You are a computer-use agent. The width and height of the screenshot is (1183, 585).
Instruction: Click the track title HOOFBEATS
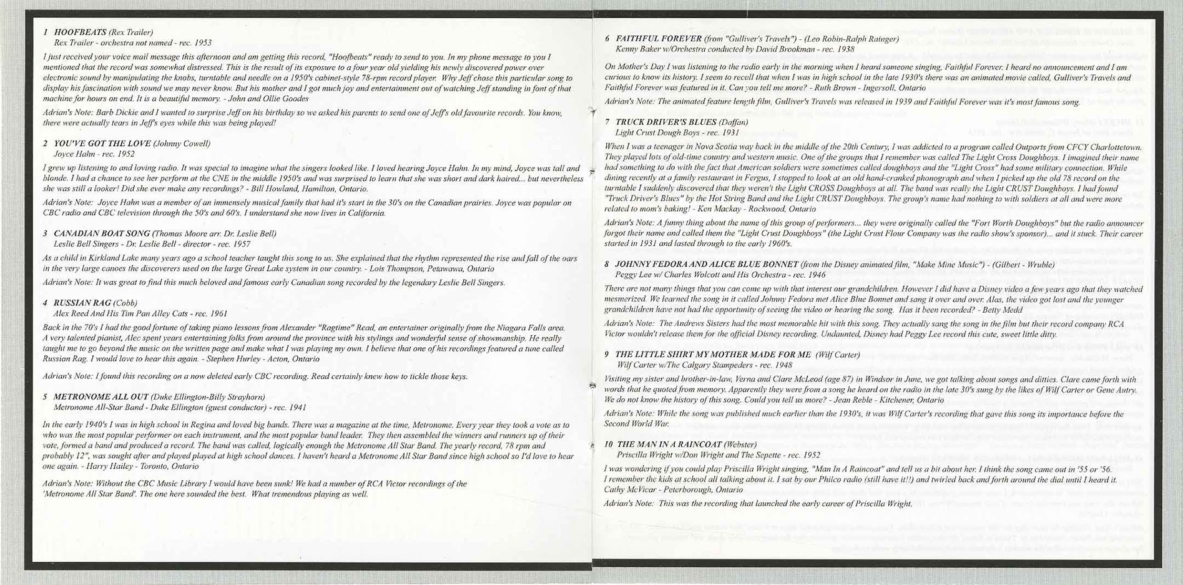(81, 32)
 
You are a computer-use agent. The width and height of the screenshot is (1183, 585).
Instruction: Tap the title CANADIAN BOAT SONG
(102, 234)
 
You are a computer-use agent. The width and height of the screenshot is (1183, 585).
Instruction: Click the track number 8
(607, 265)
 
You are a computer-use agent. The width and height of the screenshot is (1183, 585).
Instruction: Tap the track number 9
(607, 355)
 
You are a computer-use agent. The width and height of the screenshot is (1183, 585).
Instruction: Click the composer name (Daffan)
(734, 122)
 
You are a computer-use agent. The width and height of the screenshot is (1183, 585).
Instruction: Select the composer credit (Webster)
(740, 445)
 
